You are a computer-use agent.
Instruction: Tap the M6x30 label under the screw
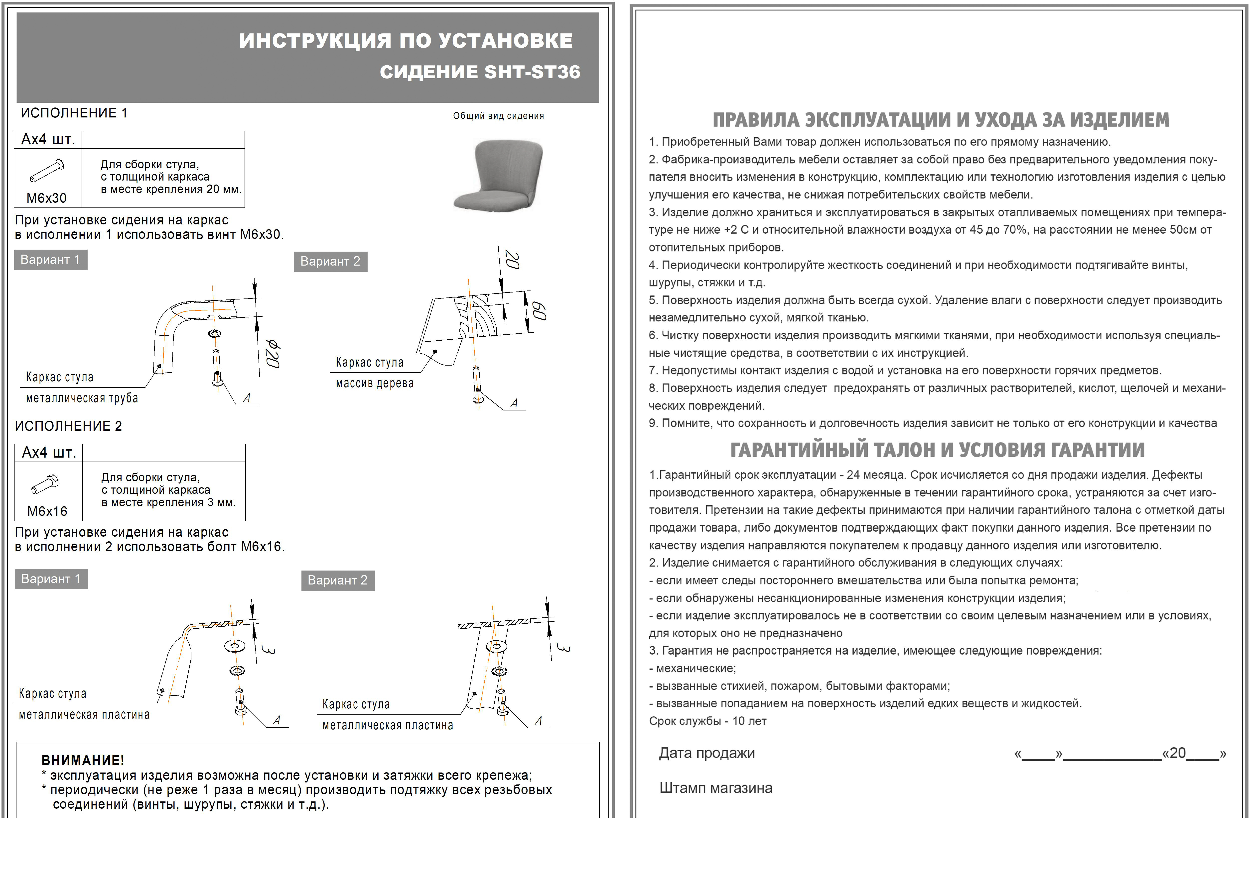pyautogui.click(x=47, y=198)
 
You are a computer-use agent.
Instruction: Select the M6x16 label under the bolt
pyautogui.click(x=47, y=511)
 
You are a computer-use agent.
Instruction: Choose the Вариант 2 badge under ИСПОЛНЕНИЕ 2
pyautogui.click(x=338, y=580)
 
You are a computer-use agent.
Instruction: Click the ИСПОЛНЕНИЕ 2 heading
pyautogui.click(x=68, y=426)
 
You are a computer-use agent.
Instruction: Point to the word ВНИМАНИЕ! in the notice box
pyautogui.click(x=83, y=760)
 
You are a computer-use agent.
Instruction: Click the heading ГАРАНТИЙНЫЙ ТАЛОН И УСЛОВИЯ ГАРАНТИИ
pyautogui.click(x=937, y=450)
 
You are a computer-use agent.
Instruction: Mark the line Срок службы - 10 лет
pyautogui.click(x=707, y=721)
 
